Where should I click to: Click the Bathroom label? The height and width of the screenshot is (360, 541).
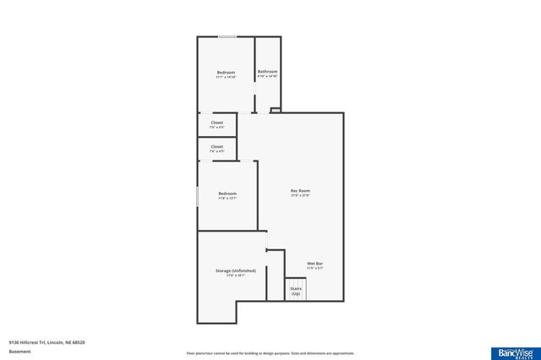267,71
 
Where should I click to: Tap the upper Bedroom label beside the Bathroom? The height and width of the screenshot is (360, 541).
226,73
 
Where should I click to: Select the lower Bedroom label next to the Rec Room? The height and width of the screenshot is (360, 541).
227,194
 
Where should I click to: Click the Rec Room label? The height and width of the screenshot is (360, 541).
300,191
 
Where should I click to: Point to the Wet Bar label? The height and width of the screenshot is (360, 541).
314,264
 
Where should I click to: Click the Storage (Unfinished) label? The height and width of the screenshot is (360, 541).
230,270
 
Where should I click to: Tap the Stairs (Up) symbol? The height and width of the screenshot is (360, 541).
296,289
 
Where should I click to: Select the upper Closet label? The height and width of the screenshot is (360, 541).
217,123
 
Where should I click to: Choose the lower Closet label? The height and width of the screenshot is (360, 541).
217,146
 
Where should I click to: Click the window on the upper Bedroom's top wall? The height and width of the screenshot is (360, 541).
227,36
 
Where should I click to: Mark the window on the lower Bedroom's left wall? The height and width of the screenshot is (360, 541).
198,196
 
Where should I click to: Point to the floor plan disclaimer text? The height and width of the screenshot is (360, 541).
270,352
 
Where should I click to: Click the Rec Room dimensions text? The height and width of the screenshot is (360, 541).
300,196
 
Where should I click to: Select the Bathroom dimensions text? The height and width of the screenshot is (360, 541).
267,76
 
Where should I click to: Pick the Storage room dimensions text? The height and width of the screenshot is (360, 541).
230,275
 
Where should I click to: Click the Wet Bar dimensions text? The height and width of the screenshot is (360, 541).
314,269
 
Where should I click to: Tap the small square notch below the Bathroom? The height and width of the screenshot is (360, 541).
275,109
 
